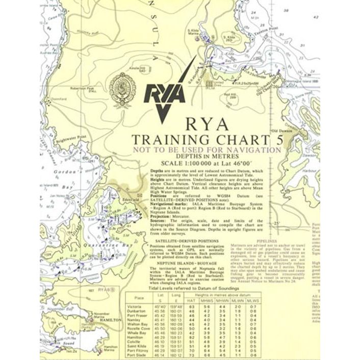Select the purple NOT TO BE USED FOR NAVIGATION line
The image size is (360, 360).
207,150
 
